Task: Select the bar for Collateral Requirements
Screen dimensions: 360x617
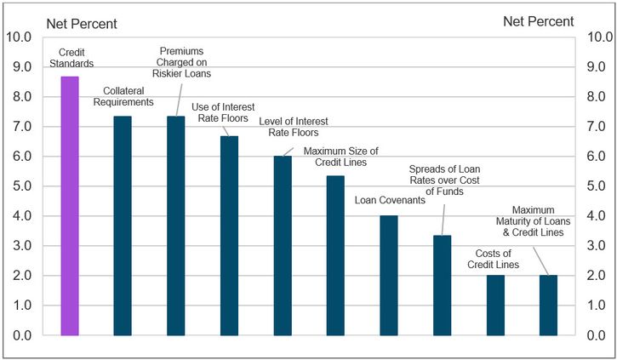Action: tap(123, 226)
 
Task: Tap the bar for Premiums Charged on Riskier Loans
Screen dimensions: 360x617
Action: tap(176, 226)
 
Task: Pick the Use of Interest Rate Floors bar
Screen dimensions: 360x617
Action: tap(229, 236)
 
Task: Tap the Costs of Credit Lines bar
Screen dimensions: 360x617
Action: tap(495, 305)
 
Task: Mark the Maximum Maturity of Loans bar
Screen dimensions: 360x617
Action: tap(548, 305)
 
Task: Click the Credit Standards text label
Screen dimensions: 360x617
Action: tap(70, 57)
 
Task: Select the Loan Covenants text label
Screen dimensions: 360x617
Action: tap(388, 201)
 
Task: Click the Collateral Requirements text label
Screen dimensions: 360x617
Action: tap(128, 96)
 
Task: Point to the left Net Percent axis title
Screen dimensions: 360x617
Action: tap(82, 22)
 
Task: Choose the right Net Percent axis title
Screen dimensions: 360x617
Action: tap(538, 21)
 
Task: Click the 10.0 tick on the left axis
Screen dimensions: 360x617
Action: tap(19, 37)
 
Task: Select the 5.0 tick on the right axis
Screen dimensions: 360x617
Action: tap(599, 186)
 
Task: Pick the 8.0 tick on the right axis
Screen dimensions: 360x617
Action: tap(599, 97)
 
